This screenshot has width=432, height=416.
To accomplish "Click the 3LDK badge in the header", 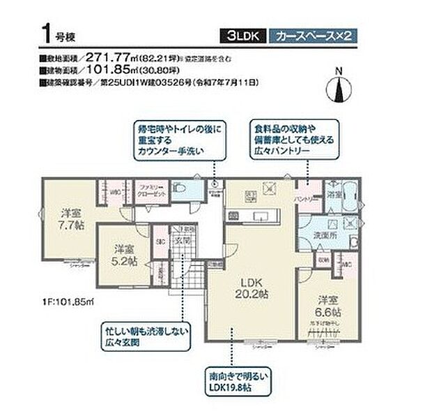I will point(242,36).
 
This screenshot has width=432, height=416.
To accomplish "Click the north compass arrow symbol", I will point(339,89).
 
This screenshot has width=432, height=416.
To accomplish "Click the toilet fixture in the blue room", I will point(180,189).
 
